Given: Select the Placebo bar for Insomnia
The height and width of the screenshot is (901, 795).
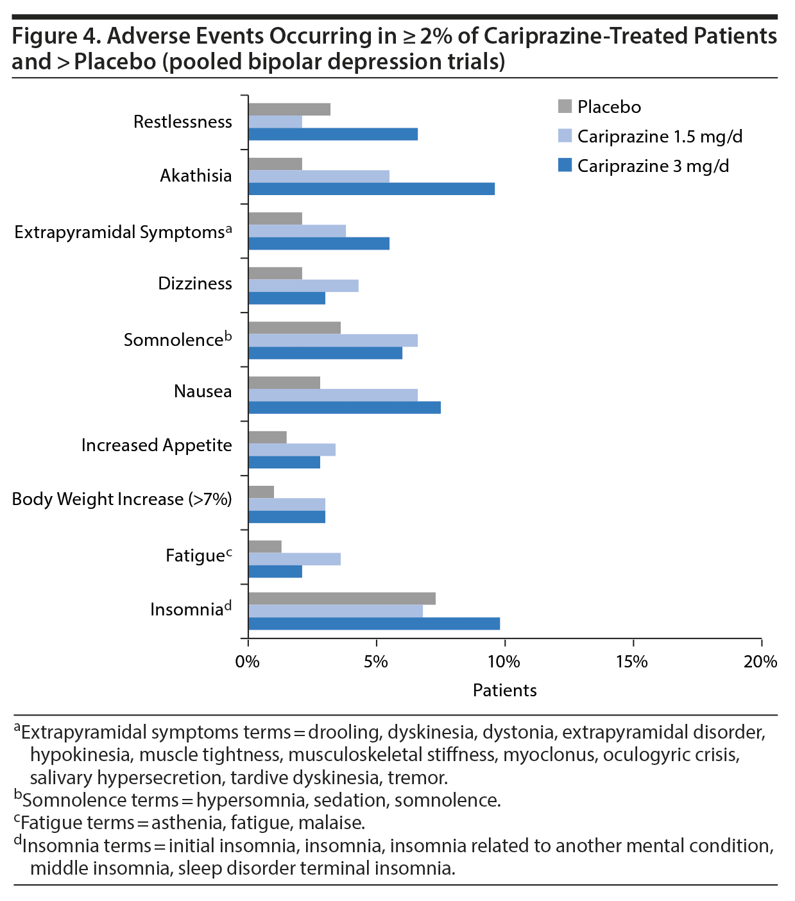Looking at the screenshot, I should pyautogui.click(x=341, y=599).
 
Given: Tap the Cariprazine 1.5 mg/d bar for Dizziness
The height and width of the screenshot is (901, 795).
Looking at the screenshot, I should pyautogui.click(x=303, y=286).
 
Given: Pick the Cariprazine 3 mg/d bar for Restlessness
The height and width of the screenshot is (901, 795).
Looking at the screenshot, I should pyautogui.click(x=332, y=134).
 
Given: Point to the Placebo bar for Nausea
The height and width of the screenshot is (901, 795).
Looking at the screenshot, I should pyautogui.click(x=284, y=383).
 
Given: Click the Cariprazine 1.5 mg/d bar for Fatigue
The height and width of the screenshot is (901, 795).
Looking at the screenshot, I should pyautogui.click(x=294, y=559).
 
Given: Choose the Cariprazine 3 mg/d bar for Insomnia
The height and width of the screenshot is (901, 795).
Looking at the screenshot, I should pyautogui.click(x=373, y=624).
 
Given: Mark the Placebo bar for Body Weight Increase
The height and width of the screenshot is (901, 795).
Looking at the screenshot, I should pyautogui.click(x=261, y=492).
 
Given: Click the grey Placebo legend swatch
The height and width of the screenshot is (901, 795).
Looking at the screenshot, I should pyautogui.click(x=565, y=106).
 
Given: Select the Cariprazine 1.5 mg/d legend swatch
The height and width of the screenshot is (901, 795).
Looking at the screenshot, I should pyautogui.click(x=565, y=135).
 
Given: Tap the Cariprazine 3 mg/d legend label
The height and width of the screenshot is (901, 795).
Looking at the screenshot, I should pyautogui.click(x=653, y=166).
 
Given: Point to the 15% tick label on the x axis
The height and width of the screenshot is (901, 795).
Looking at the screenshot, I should pyautogui.click(x=632, y=662).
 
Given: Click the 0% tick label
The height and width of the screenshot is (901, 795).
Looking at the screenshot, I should pyautogui.click(x=248, y=662).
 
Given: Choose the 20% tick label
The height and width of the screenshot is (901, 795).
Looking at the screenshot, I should pyautogui.click(x=760, y=662).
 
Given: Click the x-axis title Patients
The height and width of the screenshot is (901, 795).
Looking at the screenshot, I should pyautogui.click(x=504, y=690).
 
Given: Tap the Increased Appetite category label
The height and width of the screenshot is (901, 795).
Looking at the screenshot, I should pyautogui.click(x=157, y=445).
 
